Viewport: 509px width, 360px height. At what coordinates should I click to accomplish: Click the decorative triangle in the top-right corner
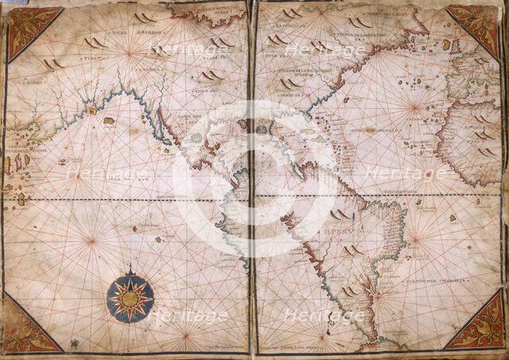(476, 28)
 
